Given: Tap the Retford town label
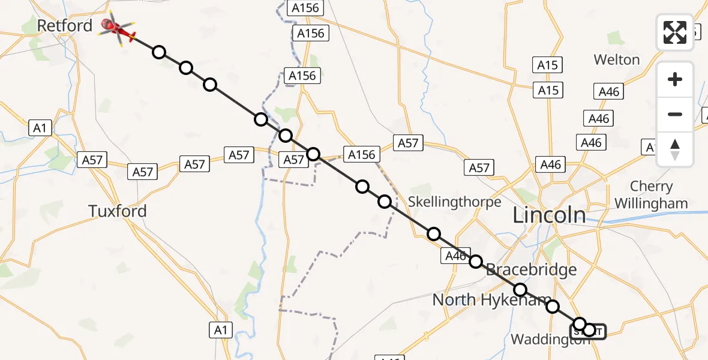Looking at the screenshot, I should pyautogui.click(x=65, y=26).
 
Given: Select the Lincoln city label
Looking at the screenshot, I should pyautogui.click(x=549, y=215).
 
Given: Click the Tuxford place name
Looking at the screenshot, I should pyautogui.click(x=118, y=211).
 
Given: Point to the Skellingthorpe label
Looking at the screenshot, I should pyautogui.click(x=455, y=202).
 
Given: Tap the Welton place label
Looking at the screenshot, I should pyautogui.click(x=617, y=59).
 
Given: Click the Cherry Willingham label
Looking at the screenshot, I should pyautogui.click(x=651, y=195).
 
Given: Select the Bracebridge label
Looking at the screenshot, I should pyautogui.click(x=531, y=269).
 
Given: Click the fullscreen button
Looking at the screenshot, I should pyautogui.click(x=675, y=32).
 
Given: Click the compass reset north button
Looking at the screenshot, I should pyautogui.click(x=675, y=149).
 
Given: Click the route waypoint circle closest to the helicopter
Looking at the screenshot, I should pyautogui.click(x=158, y=52).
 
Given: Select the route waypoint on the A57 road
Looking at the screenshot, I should pyautogui.click(x=313, y=154).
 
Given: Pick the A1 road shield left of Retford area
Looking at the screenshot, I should pyautogui.click(x=39, y=128).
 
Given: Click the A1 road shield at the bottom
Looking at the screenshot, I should pyautogui.click(x=220, y=329).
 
